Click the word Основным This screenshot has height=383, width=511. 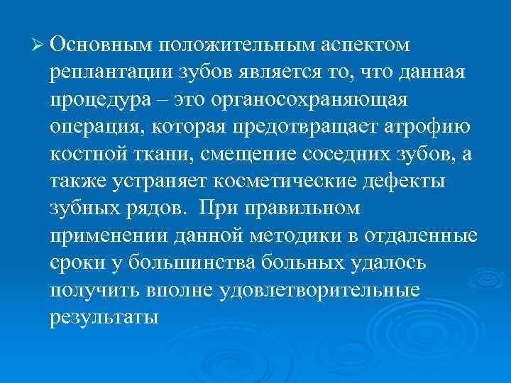pos(102,45)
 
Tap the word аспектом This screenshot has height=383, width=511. pos(365,45)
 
